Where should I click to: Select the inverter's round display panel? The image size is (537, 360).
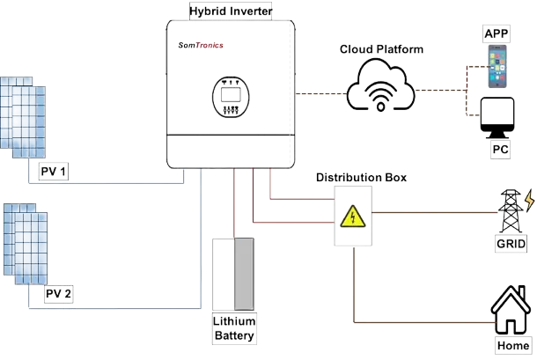tap(230, 95)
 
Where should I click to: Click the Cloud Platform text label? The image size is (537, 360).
tap(381, 49)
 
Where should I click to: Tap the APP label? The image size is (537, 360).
tap(497, 33)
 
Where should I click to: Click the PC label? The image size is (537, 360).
tap(500, 151)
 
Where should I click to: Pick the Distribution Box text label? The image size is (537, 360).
tap(357, 178)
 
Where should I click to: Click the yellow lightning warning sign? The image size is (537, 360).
tap(352, 217)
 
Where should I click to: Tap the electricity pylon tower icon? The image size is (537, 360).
tap(510, 209)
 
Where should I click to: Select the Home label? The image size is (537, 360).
tap(512, 346)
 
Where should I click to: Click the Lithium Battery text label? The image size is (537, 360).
tap(234, 328)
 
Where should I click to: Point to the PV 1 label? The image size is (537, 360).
tap(54, 171)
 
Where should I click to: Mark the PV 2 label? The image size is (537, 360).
tap(57, 293)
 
